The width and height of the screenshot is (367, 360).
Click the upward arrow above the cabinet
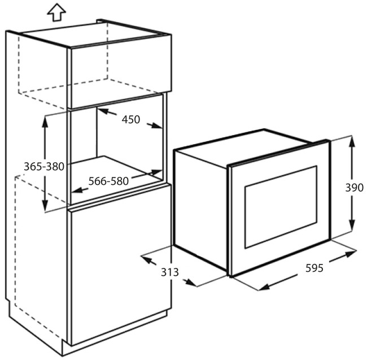tap(56, 12)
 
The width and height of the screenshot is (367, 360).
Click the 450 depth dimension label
tap(131, 119)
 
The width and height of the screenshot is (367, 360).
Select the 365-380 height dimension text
tap(44, 167)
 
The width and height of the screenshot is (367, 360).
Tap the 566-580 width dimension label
tap(108, 181)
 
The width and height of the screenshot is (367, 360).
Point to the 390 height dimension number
tap(355, 188)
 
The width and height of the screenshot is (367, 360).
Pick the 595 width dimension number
tap(314, 268)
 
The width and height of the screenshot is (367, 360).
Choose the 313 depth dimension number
tap(170, 272)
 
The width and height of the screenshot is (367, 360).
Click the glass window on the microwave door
tap(281, 207)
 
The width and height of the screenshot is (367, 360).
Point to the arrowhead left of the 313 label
tap(147, 259)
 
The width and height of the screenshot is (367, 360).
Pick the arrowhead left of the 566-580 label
tap(77, 190)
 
